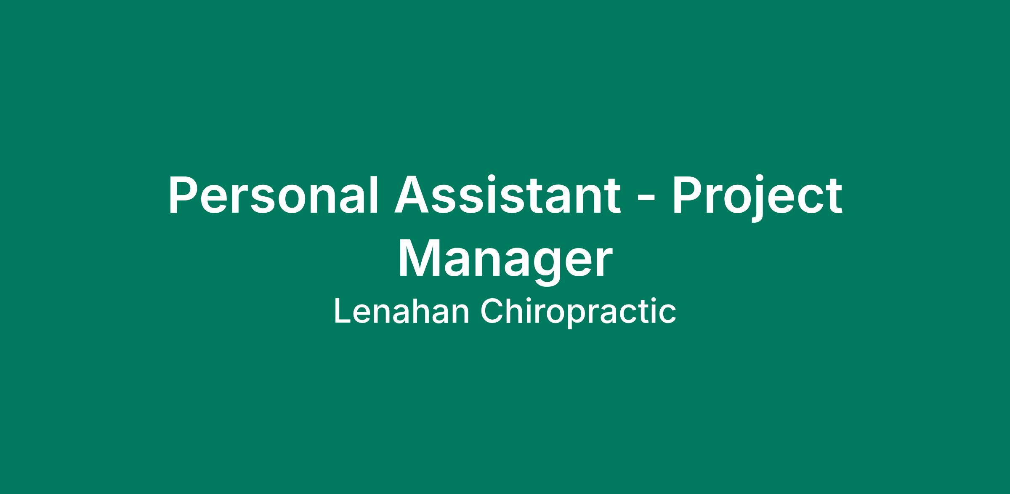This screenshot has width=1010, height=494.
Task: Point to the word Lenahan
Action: tap(401, 312)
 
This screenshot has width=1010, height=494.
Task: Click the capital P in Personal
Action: tap(184, 195)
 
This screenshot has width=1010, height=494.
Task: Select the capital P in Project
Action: tap(688, 195)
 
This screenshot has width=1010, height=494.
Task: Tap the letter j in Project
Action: tap(761, 200)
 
